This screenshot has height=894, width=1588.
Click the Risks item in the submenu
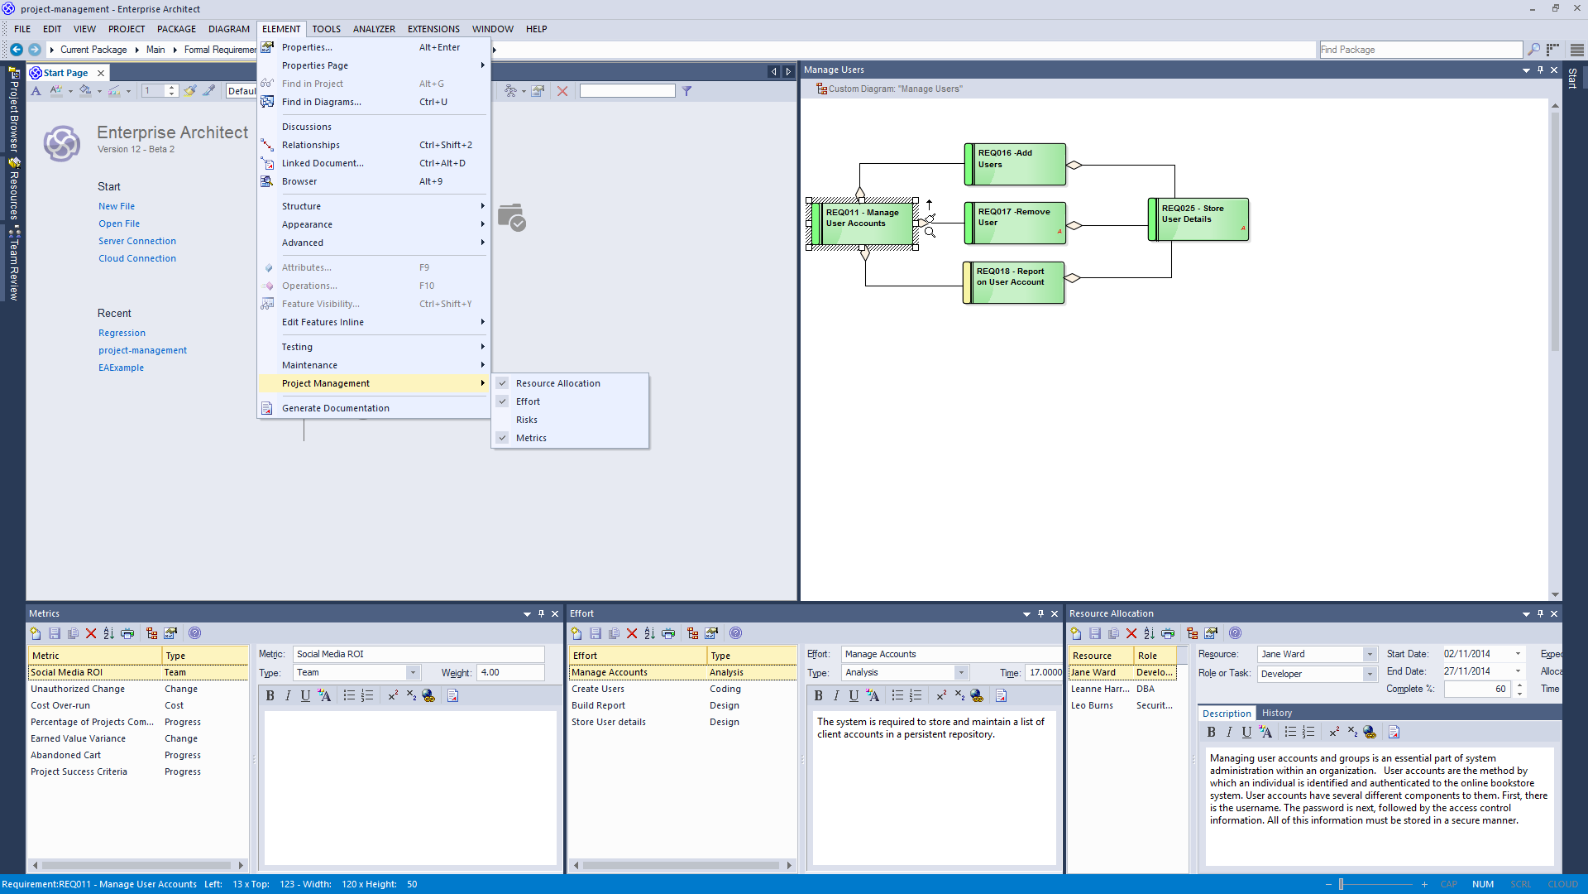pyautogui.click(x=527, y=420)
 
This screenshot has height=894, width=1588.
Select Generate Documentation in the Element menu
pyautogui.click(x=335, y=408)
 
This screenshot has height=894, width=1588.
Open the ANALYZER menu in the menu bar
pyautogui.click(x=374, y=29)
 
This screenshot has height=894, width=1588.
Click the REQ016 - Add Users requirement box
pyautogui.click(x=1015, y=164)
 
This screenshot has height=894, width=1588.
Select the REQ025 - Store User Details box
pyautogui.click(x=1198, y=219)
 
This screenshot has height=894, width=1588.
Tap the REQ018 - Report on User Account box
pyautogui.click(x=1013, y=282)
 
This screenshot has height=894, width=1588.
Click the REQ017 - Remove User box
pyautogui.click(x=1015, y=223)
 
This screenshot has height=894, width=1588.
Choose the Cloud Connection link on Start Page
pyautogui.click(x=137, y=258)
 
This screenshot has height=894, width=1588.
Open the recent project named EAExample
pyautogui.click(x=121, y=368)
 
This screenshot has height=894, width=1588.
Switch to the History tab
pyautogui.click(x=1276, y=713)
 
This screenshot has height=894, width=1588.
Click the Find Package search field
pyautogui.click(x=1420, y=50)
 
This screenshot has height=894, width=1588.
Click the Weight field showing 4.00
pyautogui.click(x=510, y=672)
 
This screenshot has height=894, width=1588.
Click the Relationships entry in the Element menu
pyautogui.click(x=311, y=145)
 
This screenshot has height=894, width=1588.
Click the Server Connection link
pyautogui.click(x=137, y=241)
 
